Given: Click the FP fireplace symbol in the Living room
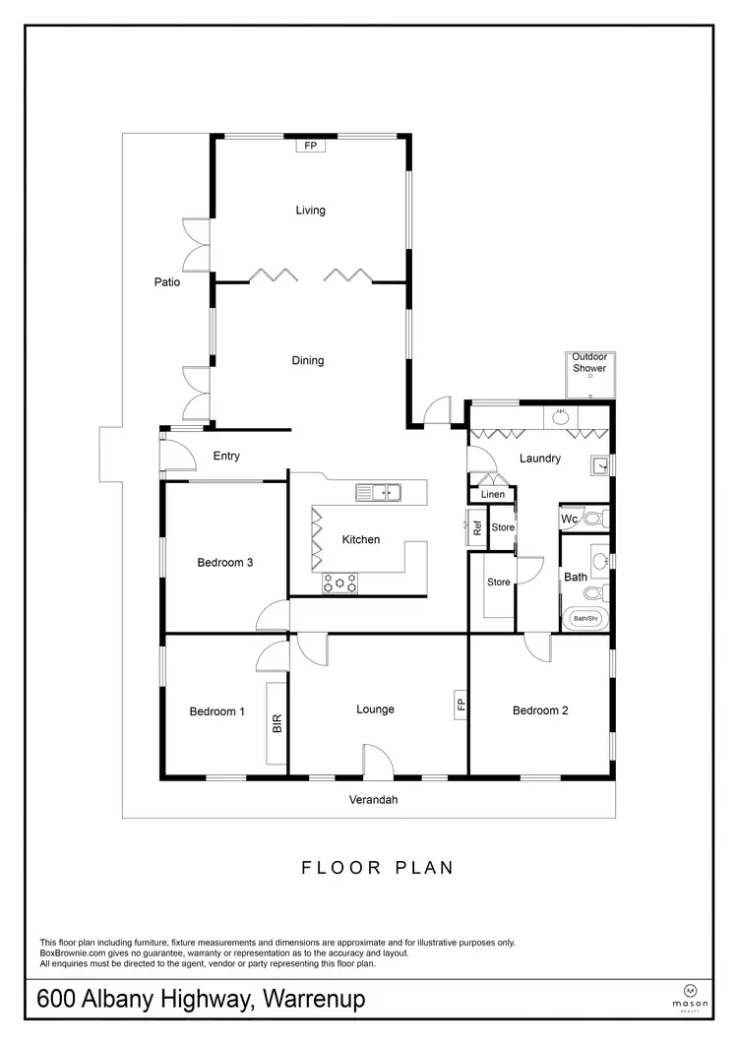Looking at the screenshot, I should [311, 146].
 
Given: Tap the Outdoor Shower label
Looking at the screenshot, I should [589, 362].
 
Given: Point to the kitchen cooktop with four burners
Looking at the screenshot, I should [339, 583].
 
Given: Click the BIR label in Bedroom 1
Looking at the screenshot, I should [277, 725].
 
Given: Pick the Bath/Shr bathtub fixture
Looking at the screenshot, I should [586, 619].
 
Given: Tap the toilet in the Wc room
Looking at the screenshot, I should [592, 518].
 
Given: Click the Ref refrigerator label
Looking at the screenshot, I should [477, 527].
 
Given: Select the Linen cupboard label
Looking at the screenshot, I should [493, 494].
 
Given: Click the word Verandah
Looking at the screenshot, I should [374, 800].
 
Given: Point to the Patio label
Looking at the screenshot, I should [167, 282].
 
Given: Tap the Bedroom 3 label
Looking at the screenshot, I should [225, 563].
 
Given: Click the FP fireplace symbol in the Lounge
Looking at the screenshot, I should [460, 705].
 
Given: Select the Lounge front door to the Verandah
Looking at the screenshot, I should [378, 762].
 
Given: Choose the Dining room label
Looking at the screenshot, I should [307, 361].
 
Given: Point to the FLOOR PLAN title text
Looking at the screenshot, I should [377, 868].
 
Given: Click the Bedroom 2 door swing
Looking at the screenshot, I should [537, 646].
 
